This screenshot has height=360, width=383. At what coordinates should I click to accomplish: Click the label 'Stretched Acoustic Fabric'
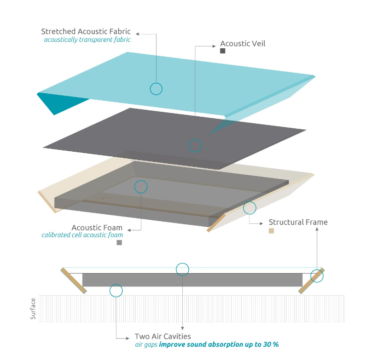coord(86,32)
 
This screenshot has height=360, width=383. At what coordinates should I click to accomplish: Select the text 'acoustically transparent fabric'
coord(87,40)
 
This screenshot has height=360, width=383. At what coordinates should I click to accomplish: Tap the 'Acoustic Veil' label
coord(243,44)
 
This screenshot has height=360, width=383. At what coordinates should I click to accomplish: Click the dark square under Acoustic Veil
coord(223,51)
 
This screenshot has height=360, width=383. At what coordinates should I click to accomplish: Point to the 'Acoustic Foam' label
coord(97,228)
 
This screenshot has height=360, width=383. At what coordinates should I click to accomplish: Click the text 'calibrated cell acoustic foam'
coord(82,235)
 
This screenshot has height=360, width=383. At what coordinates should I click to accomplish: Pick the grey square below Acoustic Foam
coord(119,242)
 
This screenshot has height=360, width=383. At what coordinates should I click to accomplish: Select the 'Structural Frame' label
coord(298,222)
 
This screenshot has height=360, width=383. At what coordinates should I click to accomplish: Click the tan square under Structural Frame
coord(271,231)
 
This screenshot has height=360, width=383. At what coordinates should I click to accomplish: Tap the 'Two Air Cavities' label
coord(162,337)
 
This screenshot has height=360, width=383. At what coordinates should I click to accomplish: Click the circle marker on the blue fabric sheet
coord(156,89)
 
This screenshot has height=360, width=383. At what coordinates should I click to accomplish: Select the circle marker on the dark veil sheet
coord(195,146)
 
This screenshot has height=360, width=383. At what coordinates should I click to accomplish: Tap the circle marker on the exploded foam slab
coord(141,186)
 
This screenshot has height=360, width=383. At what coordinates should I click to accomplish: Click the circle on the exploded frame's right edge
coord(250,208)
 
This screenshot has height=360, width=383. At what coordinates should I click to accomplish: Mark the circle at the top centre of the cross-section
coord(182,269)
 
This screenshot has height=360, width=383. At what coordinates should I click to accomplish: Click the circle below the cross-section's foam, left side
coord(116,290)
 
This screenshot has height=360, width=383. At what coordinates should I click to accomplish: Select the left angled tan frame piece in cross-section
coord(74,280)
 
